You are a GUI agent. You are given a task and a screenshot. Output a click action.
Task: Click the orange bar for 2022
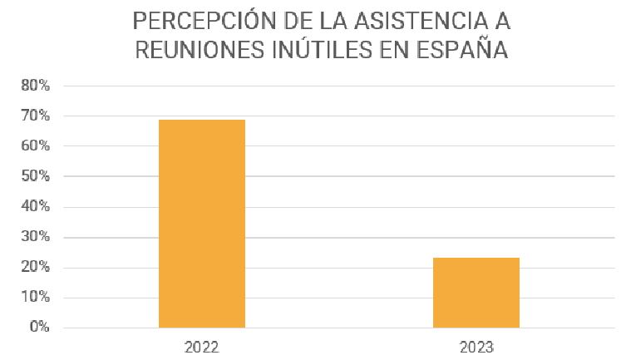[201, 223]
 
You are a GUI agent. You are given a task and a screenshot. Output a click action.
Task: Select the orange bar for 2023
[476, 292]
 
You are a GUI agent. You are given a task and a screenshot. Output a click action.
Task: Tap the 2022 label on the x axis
[202, 343]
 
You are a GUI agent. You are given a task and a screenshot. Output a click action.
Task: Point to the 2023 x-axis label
[476, 343]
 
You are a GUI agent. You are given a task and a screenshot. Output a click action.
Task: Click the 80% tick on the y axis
[36, 86]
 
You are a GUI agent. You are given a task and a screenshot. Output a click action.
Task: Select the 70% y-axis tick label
[36, 116]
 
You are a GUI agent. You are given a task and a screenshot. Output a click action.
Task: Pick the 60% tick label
[36, 146]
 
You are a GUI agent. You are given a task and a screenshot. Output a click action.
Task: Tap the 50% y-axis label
[36, 177]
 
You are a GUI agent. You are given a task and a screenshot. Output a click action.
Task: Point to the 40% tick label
[36, 207]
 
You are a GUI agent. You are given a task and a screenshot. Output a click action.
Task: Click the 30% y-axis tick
[36, 238]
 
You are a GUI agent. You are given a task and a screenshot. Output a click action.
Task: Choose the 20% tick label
[36, 268]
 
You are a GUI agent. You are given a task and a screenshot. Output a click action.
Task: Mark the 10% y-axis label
[36, 298]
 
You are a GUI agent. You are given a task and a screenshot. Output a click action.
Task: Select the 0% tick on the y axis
[40, 327]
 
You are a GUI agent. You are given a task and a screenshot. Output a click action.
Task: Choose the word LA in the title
[320, 19]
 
